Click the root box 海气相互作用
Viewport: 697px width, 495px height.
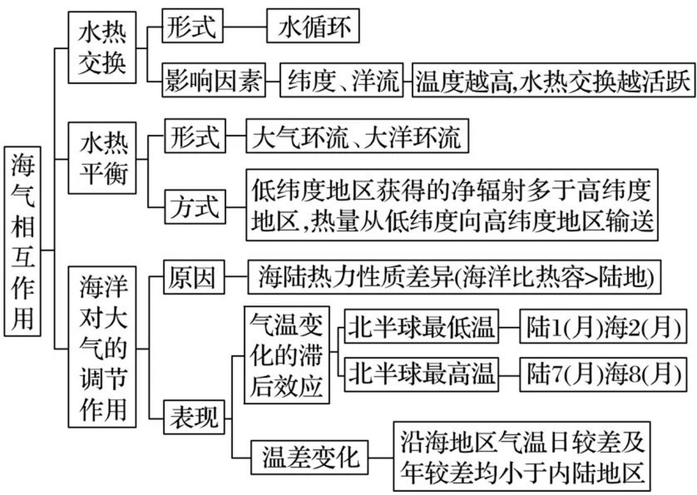click(x=22, y=241)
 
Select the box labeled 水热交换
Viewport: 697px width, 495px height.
click(x=102, y=47)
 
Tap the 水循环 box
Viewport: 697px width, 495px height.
click(x=313, y=26)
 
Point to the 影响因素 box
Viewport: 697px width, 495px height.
click(x=213, y=80)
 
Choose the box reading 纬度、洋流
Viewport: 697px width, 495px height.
click(x=341, y=80)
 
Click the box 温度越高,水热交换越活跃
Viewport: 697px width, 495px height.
click(x=553, y=80)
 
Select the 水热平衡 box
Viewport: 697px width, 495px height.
click(x=102, y=158)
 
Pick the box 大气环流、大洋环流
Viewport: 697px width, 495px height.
click(x=357, y=136)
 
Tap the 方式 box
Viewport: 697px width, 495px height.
click(x=195, y=207)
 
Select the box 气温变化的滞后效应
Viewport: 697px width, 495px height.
click(x=286, y=355)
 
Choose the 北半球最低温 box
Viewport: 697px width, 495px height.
click(x=421, y=326)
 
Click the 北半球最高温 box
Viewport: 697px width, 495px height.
click(x=421, y=374)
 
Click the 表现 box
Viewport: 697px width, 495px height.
click(x=194, y=417)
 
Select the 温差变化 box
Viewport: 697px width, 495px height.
click(x=309, y=457)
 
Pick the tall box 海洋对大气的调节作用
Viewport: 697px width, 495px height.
click(x=102, y=346)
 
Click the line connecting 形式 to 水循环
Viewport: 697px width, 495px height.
click(x=245, y=27)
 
